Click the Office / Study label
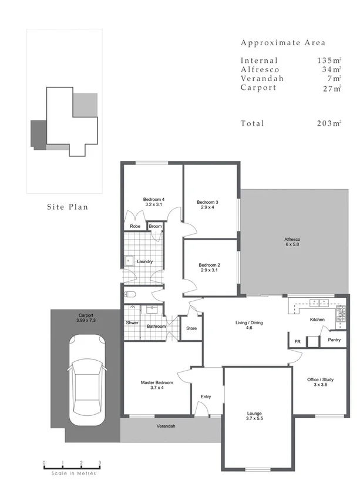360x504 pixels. coord(321,382)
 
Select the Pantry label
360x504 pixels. coord(335,340)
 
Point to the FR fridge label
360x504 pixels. coord(297,341)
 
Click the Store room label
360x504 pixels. coord(191,328)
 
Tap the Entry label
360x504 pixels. coord(206,397)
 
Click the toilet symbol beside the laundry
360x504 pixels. coord(130,294)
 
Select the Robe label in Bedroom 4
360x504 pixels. coord(134,226)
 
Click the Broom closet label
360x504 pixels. coord(155,226)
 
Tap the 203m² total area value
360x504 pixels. coord(328,123)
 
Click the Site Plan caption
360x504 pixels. coord(68,207)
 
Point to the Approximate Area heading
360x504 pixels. coord(282,43)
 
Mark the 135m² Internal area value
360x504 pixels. coord(328,61)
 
